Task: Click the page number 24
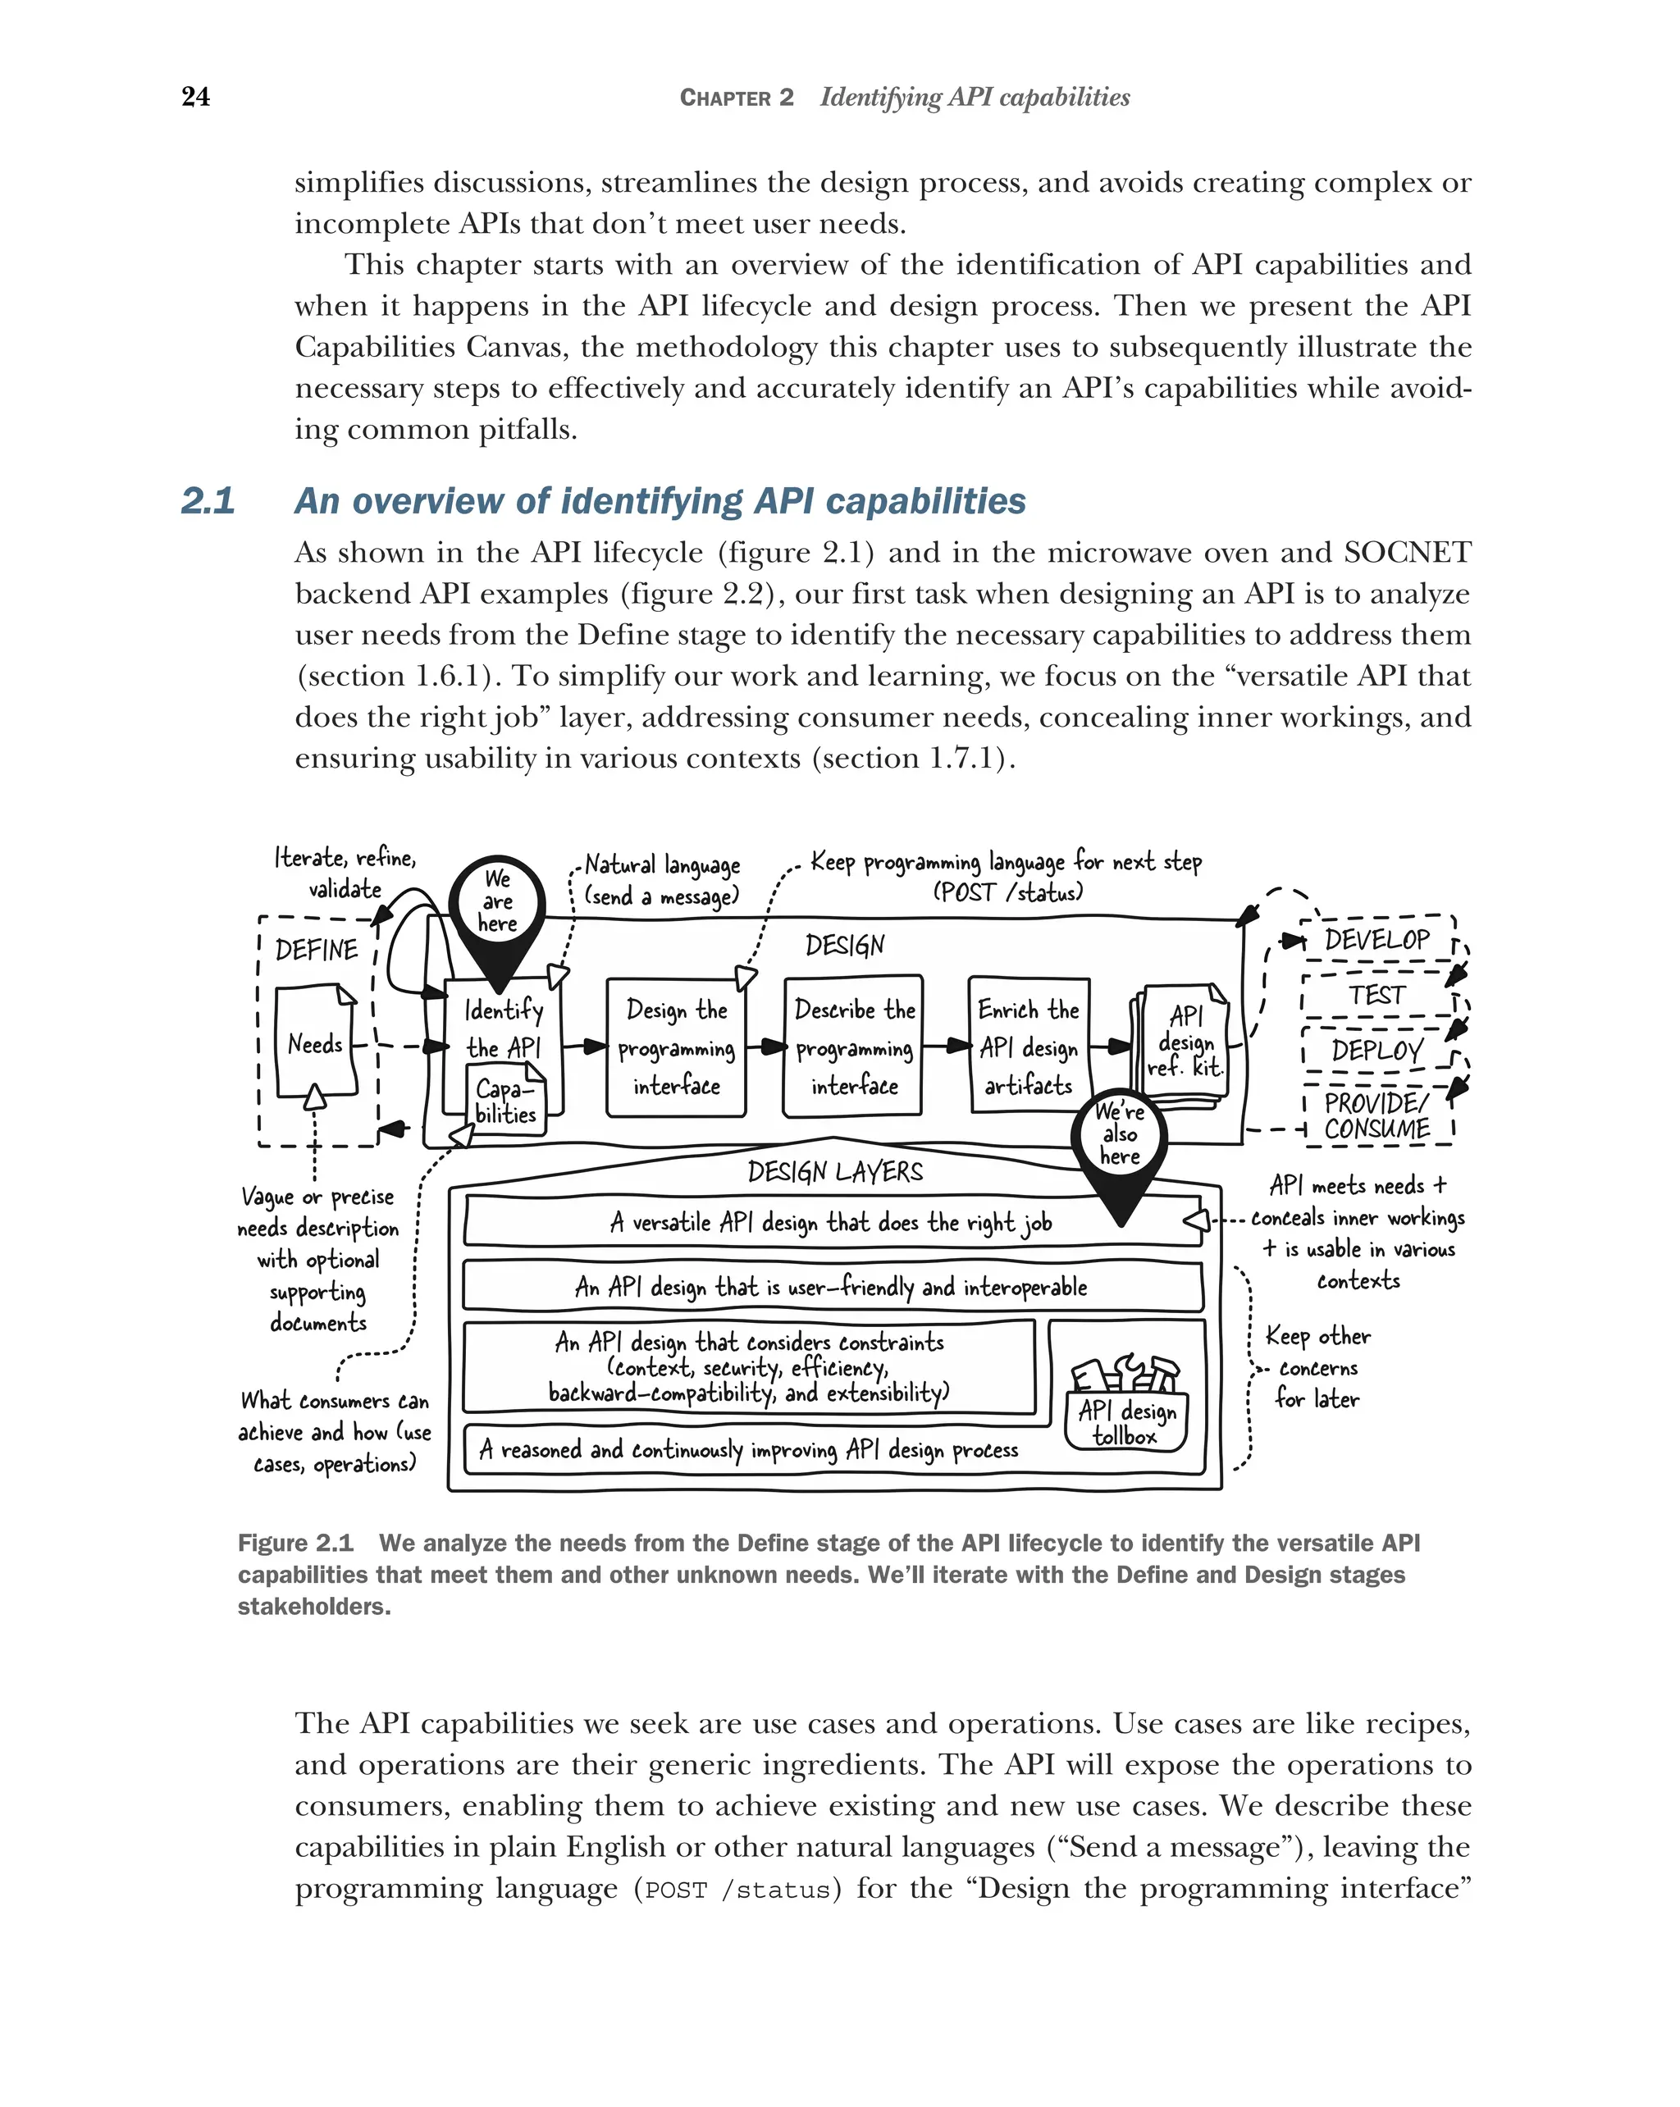pyautogui.click(x=195, y=97)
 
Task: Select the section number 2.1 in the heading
pyautogui.click(x=208, y=501)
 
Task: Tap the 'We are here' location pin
pyautogui.click(x=497, y=905)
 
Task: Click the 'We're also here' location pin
pyautogui.click(x=1119, y=1138)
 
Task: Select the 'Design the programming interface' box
pyautogui.click(x=676, y=1047)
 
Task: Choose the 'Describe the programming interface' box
pyautogui.click(x=853, y=1047)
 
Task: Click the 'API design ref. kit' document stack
pyautogui.click(x=1184, y=1046)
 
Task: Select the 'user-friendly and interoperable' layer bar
pyautogui.click(x=832, y=1287)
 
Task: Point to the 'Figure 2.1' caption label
pyautogui.click(x=295, y=1543)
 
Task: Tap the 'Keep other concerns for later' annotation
pyautogui.click(x=1317, y=1367)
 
